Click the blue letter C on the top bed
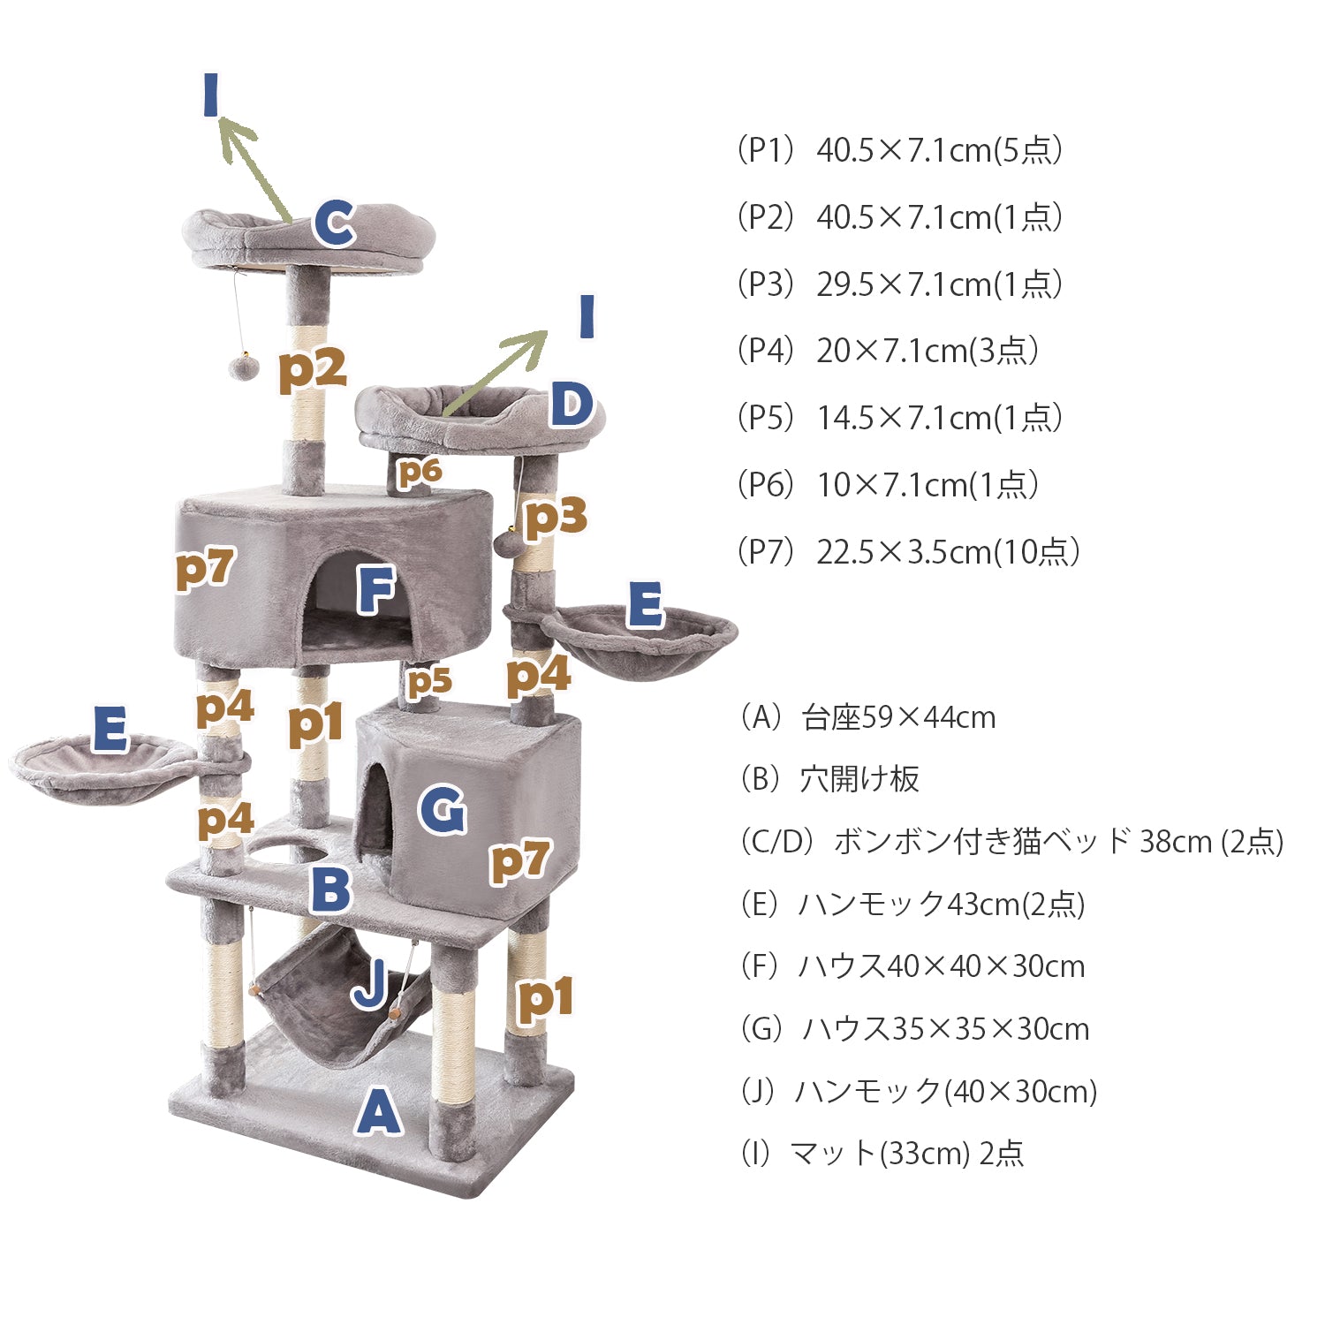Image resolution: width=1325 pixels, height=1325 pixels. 335,223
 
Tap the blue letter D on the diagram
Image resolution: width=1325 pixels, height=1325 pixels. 572,405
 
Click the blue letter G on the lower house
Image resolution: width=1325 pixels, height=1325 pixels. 443,810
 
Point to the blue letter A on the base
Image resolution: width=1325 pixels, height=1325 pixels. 379,1110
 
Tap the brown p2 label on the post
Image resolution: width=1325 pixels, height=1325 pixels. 312,369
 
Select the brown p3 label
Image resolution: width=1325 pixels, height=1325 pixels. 556,519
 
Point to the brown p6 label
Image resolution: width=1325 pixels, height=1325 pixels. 419,473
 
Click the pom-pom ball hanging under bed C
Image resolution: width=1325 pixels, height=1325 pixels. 243,366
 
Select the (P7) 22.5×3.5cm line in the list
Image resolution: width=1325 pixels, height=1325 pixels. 908,552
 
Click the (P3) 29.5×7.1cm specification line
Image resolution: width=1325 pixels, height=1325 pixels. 898,284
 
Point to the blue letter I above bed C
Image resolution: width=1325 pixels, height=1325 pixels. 210,95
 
